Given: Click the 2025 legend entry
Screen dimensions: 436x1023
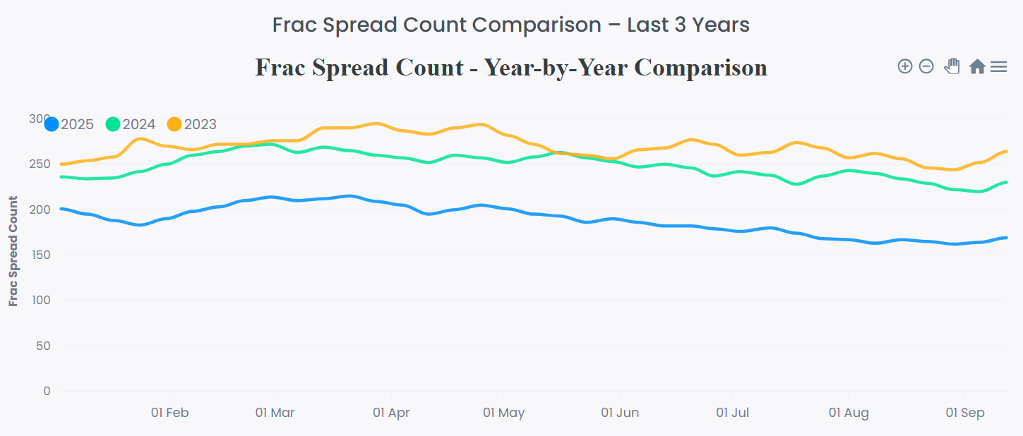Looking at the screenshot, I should [69, 125].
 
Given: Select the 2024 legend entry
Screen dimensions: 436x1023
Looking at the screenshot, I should [131, 125].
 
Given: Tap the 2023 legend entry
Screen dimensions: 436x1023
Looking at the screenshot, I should [192, 125].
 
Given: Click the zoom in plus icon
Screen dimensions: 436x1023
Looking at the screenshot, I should [904, 66].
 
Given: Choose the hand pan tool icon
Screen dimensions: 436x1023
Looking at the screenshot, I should [952, 66].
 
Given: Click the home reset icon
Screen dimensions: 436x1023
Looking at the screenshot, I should [976, 66].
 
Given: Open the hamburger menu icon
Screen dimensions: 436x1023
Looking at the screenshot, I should [998, 66].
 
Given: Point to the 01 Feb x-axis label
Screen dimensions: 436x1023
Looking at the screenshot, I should [170, 413].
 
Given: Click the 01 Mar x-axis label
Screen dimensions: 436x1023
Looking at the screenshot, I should [275, 413].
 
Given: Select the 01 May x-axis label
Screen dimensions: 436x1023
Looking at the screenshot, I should [504, 413].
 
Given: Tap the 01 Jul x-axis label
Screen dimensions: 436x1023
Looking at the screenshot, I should [732, 413].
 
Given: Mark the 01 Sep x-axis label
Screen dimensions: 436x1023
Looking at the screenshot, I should [964, 413].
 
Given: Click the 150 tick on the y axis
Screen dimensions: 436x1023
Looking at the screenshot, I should [42, 255].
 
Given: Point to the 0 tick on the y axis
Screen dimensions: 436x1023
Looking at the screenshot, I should [47, 391].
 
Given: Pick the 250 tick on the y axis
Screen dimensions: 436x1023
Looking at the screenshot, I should [42, 164].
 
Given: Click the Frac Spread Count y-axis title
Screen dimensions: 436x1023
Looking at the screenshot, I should [13, 251].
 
